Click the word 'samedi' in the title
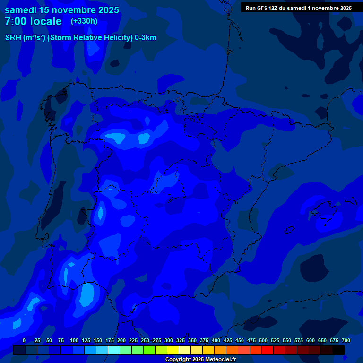tap(21, 10)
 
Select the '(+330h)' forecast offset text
tap(84, 21)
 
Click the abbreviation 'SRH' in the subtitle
tap(14, 38)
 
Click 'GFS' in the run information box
tap(261, 8)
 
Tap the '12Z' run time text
tap(273, 8)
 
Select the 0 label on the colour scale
tap(24, 340)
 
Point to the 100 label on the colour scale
tap(74, 340)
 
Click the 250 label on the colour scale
tap(145, 340)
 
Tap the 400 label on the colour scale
tap(216, 340)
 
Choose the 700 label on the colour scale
tap(346, 340)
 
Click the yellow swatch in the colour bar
tap(173, 350)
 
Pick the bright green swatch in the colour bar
tap(149, 350)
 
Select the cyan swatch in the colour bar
tap(114, 350)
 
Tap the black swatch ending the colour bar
tap(338, 350)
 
